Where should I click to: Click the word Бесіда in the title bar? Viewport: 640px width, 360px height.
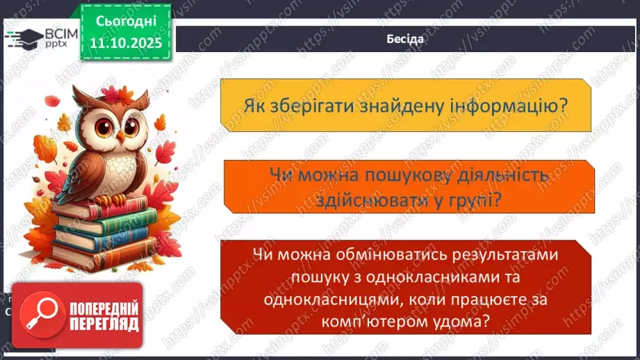point(405,39)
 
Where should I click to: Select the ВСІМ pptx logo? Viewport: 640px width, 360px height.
point(38,37)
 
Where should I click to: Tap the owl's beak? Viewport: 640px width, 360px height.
point(121,136)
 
